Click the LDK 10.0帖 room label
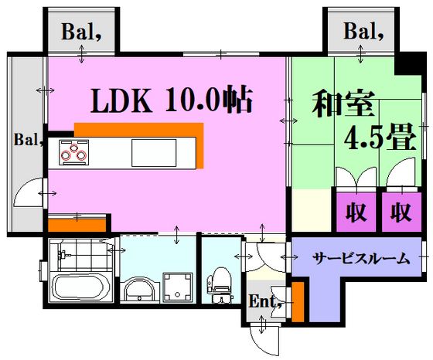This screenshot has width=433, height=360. tap(172, 100)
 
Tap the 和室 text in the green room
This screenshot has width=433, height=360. tap(343, 104)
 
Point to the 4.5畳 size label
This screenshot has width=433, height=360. tap(380, 137)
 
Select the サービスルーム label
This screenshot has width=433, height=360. tap(361, 259)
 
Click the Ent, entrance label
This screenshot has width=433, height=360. tap(265, 301)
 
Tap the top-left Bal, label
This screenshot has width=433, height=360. tap(81, 32)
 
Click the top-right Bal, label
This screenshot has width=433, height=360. tap(363, 31)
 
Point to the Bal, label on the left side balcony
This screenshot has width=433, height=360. tap(28, 139)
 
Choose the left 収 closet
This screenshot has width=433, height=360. tap(356, 212)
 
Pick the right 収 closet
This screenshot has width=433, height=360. tap(401, 212)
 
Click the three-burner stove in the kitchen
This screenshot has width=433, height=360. tap(73, 152)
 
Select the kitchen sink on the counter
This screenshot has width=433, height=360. tap(154, 153)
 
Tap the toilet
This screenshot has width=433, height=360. tap(220, 284)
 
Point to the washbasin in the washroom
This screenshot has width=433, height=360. tap(139, 290)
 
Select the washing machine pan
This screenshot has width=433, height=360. tap(178, 287)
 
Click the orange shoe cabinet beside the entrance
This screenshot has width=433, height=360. tap(298, 301)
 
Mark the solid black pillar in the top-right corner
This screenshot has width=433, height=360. tap(408, 64)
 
